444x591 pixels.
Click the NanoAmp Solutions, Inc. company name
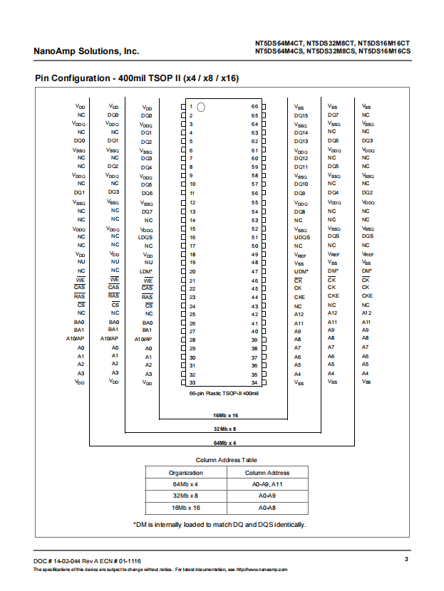coord(86,51)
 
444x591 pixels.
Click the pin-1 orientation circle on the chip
coord(201,108)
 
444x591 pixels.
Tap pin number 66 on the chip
coord(254,107)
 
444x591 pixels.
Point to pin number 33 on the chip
coord(192,382)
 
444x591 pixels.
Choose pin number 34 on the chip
coord(254,382)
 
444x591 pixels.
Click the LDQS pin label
coord(146,237)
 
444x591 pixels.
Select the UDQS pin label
coord(301,237)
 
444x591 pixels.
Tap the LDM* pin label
coord(146,271)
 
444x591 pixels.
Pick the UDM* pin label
coord(301,271)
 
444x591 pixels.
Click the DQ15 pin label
coord(301,115)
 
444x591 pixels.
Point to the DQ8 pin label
coord(300,211)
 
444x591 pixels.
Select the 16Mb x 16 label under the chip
coord(225,414)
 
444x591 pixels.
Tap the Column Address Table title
coord(227,460)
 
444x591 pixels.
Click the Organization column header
coord(185,473)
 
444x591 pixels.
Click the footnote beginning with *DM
coord(220,525)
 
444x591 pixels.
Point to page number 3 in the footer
coord(406,559)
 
